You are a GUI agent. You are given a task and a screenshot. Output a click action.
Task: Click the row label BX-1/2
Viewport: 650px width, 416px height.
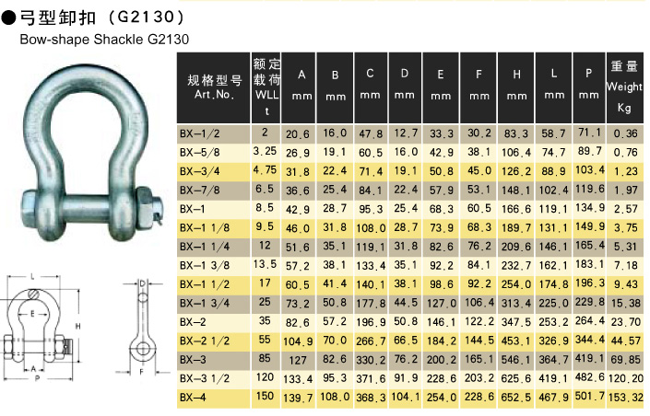pos(199,133)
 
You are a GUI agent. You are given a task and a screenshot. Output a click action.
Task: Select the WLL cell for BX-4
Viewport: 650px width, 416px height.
pos(265,396)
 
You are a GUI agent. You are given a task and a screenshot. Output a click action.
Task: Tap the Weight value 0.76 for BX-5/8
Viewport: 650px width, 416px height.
pos(625,153)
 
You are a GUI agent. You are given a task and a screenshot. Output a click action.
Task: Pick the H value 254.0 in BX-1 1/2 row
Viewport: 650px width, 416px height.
pos(516,284)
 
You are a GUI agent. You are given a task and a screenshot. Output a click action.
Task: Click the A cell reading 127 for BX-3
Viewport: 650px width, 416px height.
pos(298,360)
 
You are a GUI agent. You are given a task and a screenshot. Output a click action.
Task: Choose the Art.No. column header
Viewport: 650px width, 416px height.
pos(214,87)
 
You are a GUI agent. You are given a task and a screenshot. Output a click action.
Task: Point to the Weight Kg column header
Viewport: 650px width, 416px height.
pos(624,87)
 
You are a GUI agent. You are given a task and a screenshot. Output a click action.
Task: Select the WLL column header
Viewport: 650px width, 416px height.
pos(266,87)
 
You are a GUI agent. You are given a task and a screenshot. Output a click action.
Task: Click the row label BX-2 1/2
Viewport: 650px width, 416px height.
pos(205,341)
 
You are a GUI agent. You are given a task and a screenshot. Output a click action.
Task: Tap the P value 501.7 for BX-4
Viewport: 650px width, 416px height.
pos(589,396)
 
